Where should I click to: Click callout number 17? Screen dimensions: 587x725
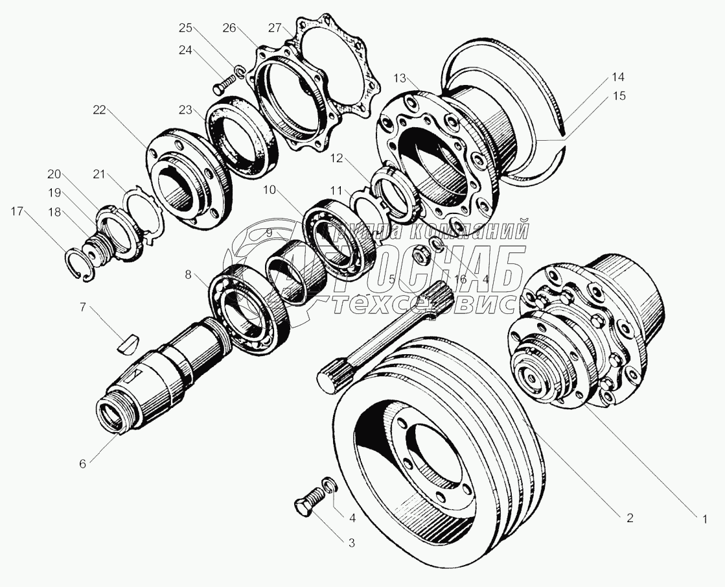[x=16, y=211]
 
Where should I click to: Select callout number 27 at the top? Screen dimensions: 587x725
[x=275, y=27]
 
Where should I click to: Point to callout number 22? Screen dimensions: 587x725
[x=98, y=110]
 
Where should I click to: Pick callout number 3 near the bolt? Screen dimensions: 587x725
[x=352, y=543]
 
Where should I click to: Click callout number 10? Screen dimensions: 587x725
[x=270, y=189]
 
